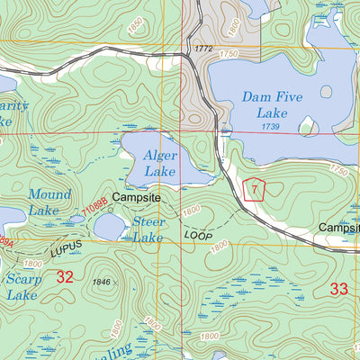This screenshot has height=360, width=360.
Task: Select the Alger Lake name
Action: pyautogui.click(x=160, y=163)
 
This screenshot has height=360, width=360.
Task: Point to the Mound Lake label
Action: pyautogui.click(x=49, y=202)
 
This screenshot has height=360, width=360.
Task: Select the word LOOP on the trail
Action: pyautogui.click(x=197, y=235)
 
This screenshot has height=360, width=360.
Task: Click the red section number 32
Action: pyautogui.click(x=64, y=276)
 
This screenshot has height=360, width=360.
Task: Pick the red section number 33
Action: pyautogui.click(x=338, y=289)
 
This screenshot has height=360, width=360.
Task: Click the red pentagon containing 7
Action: pyautogui.click(x=256, y=190)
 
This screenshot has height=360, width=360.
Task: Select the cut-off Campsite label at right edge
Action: pyautogui.click(x=339, y=229)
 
